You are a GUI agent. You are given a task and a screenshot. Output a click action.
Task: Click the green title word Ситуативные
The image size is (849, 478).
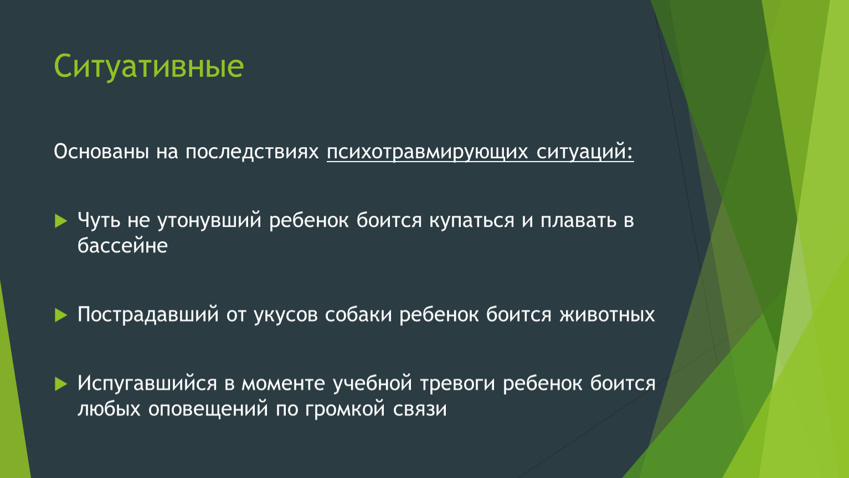pos(148,66)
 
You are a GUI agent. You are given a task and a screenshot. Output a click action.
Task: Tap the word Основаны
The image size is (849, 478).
pos(101,152)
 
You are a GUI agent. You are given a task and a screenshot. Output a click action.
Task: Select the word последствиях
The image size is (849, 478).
pos(252,152)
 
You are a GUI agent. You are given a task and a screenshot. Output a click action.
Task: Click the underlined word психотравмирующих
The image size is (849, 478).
pos(427,152)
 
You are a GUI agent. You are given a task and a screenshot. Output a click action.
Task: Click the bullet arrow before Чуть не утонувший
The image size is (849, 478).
pos(61,221)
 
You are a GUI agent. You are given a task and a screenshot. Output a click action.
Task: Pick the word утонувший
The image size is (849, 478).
pos(209,221)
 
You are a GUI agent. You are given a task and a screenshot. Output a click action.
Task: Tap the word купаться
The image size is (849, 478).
pos(471,221)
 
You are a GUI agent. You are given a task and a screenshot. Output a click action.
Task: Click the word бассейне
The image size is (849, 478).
pos(122,246)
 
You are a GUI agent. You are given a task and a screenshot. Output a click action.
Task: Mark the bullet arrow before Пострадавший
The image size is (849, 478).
pos(61,315)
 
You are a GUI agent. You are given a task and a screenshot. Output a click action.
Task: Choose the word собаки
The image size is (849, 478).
pos(358,314)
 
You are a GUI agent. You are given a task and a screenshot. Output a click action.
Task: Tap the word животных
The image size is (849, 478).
pos(607,315)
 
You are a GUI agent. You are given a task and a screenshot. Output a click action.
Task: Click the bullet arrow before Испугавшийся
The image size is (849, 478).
pos(61,384)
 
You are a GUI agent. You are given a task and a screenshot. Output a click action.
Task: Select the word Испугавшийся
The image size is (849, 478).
pos(147,384)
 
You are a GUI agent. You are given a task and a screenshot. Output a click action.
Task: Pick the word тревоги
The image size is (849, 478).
pos(457,384)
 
